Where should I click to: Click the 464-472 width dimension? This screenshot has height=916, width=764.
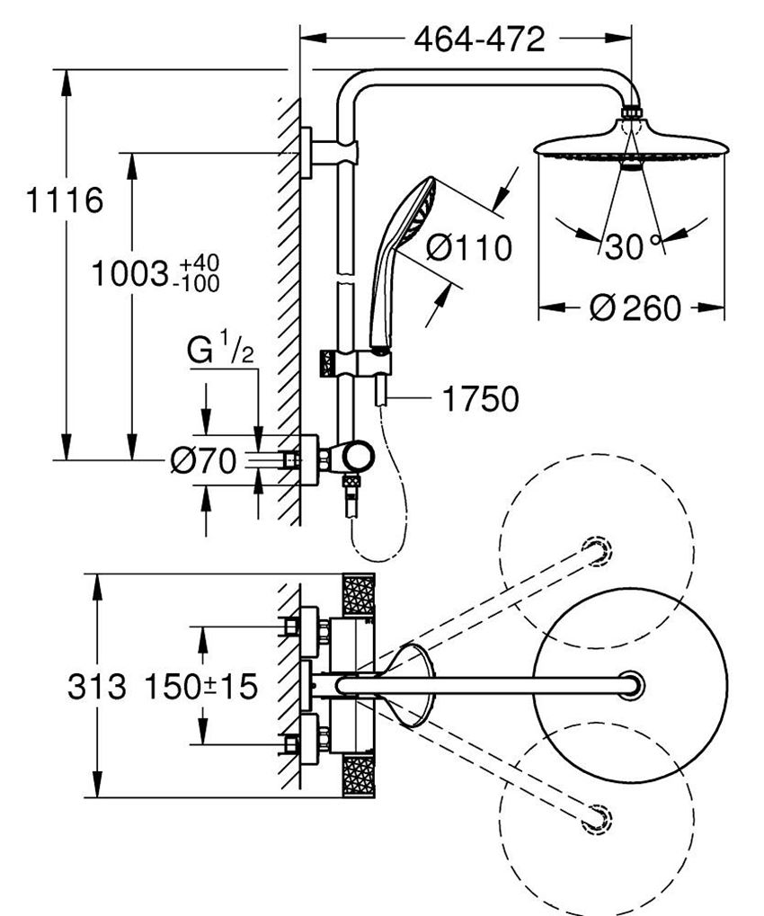pos(479,40)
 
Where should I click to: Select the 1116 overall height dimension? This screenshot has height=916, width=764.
pos(63,200)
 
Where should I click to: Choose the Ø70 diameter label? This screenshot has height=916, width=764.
pos(203,461)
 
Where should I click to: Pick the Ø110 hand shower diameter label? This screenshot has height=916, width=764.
pos(468,247)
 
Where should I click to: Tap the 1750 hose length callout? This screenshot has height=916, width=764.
pos(480,399)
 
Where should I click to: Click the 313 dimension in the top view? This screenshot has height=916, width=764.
pos(96,688)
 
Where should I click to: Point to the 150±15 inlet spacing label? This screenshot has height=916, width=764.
pos(200,688)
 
